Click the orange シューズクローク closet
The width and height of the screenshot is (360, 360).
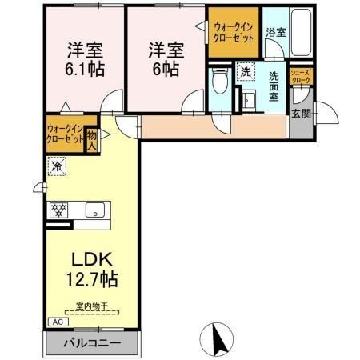[301, 77]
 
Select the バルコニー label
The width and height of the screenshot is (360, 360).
[94, 342]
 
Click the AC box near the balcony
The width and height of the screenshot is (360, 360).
[58, 322]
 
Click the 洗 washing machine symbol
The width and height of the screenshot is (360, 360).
[244, 70]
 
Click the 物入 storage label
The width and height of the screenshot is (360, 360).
[91, 141]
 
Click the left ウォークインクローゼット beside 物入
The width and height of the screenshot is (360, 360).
[65, 134]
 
